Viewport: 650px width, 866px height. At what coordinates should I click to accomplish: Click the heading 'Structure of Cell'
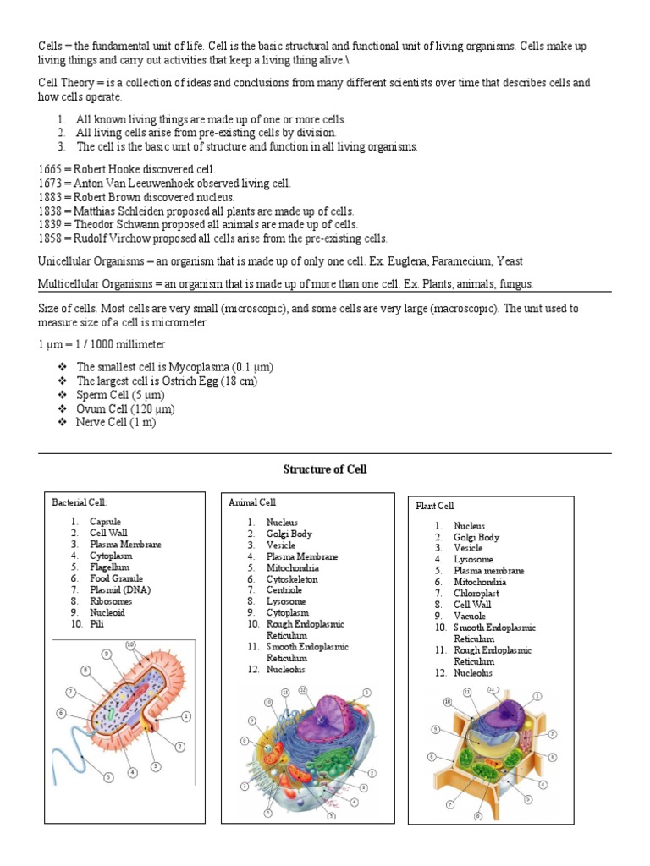click(x=325, y=469)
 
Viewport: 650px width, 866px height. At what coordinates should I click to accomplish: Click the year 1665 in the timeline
click(x=51, y=169)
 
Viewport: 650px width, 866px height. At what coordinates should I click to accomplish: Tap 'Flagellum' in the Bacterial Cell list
click(x=110, y=567)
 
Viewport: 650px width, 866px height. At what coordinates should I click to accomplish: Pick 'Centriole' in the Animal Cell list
click(x=286, y=590)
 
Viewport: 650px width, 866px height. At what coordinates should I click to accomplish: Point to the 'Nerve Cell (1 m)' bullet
click(x=116, y=422)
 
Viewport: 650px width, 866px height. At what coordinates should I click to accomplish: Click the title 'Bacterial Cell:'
click(x=80, y=502)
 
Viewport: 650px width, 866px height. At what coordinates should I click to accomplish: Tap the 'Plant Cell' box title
click(x=435, y=506)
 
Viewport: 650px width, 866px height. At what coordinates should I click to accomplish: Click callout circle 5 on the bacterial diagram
click(x=109, y=776)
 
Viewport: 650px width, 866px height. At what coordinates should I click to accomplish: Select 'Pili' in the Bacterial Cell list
click(x=97, y=623)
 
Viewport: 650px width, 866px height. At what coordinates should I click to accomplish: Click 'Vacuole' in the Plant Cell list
click(x=471, y=617)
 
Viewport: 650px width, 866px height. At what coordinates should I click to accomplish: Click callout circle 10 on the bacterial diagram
click(x=130, y=645)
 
